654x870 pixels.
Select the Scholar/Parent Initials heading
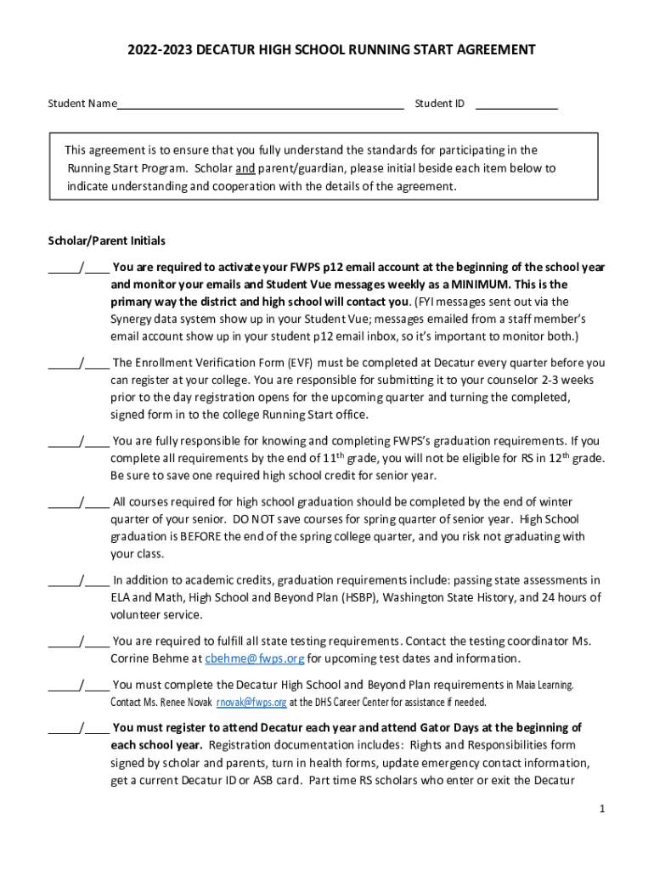[106, 240]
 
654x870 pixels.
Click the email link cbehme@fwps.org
[254, 658]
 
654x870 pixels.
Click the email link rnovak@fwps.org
[251, 703]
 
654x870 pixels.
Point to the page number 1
[601, 809]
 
